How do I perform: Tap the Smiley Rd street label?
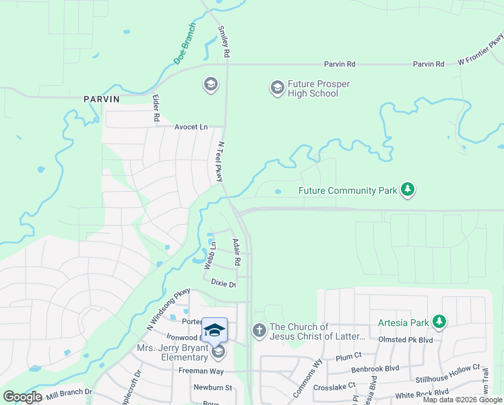point(224,41)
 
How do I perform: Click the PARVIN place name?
point(101,99)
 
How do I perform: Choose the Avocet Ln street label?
point(191,127)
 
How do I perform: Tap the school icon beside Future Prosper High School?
point(277,88)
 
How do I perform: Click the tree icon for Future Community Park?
point(407,190)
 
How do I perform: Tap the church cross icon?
point(259,331)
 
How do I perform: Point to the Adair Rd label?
point(237,252)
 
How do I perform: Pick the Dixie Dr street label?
point(223,283)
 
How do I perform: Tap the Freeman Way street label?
point(200,371)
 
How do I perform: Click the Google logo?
point(22,397)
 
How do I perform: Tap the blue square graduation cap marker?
point(215,330)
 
